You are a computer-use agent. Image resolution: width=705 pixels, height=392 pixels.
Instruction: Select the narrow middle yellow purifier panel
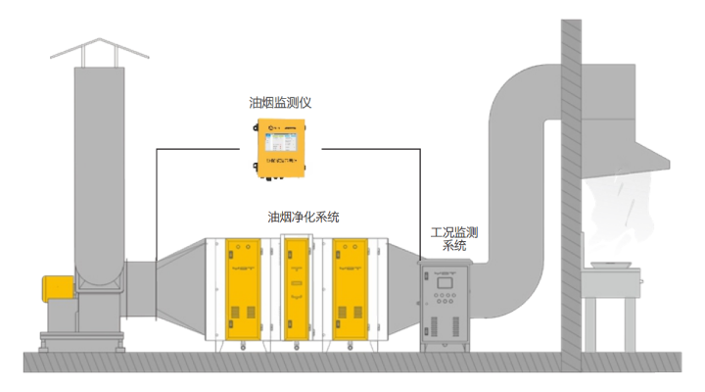(295, 291)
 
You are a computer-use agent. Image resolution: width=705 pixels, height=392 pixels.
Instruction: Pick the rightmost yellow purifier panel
(349, 291)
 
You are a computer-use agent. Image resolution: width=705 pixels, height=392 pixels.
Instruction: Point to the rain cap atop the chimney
(96, 49)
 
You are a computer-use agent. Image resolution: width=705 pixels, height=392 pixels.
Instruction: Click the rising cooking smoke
(615, 206)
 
